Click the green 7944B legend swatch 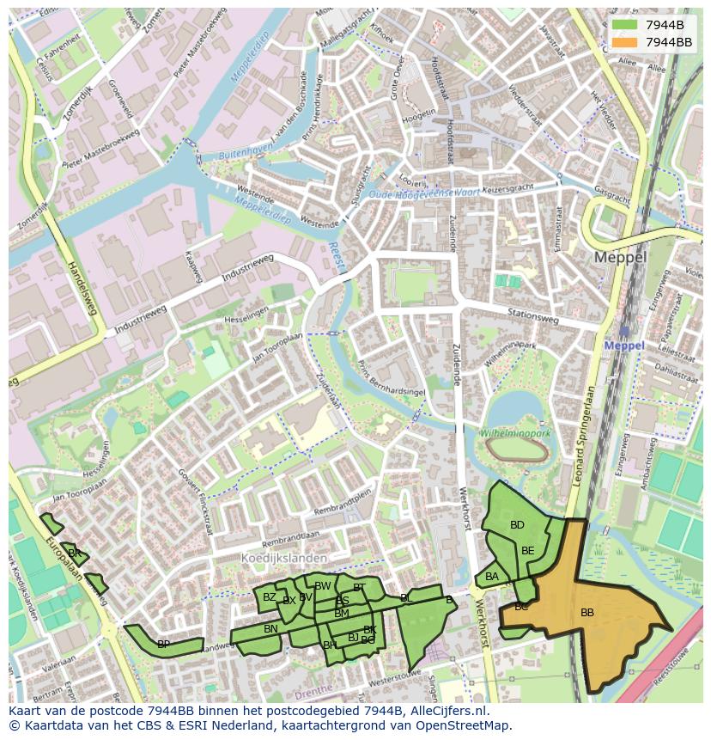click(624, 25)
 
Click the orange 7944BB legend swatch click(624, 42)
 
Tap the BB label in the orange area click(587, 613)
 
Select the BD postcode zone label click(517, 525)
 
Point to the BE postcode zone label click(527, 551)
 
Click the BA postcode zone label click(492, 577)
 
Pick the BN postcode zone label click(270, 629)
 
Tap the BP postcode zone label click(163, 644)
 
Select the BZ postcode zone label click(270, 597)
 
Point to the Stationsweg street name click(532, 318)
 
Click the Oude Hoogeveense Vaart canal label click(422, 194)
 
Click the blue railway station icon click(623, 331)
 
